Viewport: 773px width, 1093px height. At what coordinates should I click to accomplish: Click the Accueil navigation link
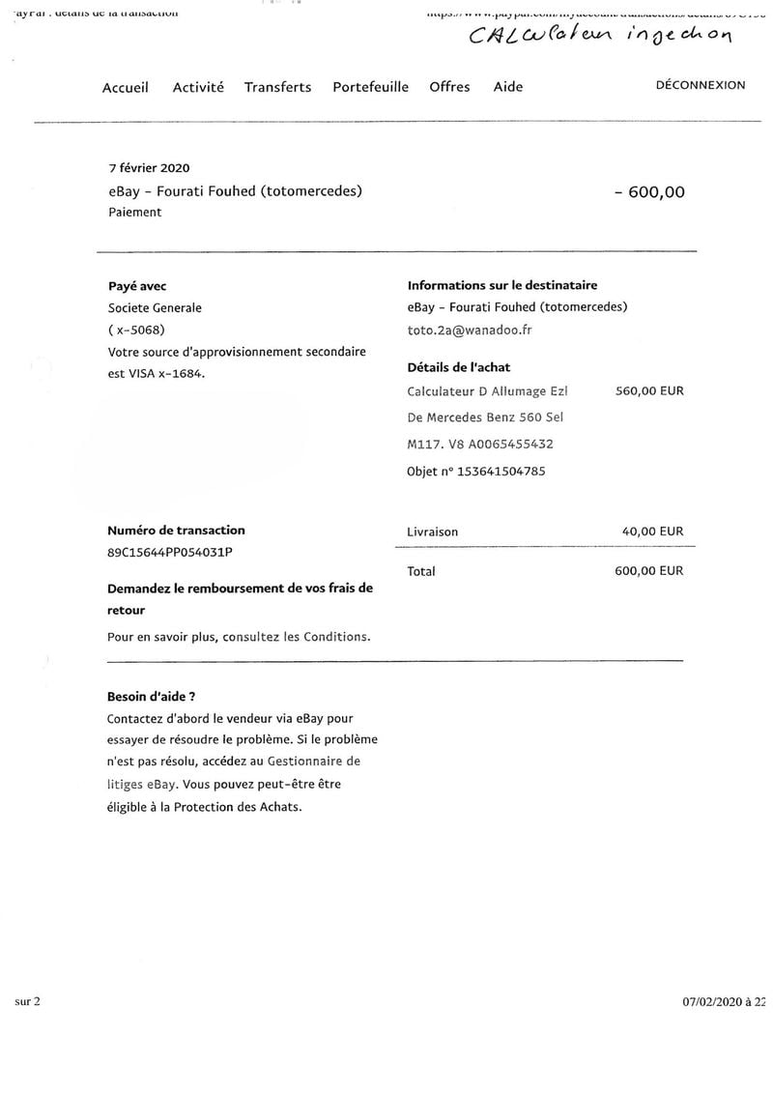tap(126, 87)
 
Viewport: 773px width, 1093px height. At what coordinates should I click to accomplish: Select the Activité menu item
tap(198, 87)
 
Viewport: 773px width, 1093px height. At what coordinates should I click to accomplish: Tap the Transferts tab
tap(277, 87)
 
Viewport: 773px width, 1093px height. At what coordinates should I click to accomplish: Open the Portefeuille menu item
tap(371, 87)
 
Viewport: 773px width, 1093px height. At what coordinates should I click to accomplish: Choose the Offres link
tap(449, 87)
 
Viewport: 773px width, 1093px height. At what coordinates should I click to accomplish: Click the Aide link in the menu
tap(508, 87)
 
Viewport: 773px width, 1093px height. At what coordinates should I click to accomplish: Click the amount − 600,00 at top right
tap(649, 191)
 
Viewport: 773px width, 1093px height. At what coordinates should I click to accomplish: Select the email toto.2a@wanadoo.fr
tap(471, 330)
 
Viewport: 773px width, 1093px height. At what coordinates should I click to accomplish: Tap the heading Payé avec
tap(137, 286)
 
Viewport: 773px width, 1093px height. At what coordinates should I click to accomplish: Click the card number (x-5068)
tap(137, 330)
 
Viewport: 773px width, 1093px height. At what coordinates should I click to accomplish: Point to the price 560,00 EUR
tap(648, 391)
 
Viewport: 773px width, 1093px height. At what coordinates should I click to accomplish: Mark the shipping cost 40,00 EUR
tap(652, 532)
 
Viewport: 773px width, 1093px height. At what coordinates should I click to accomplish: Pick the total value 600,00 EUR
tap(648, 571)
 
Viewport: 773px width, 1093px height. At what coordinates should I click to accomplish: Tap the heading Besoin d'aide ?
tap(152, 696)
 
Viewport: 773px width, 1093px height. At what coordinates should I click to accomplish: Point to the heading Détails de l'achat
tap(459, 367)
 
